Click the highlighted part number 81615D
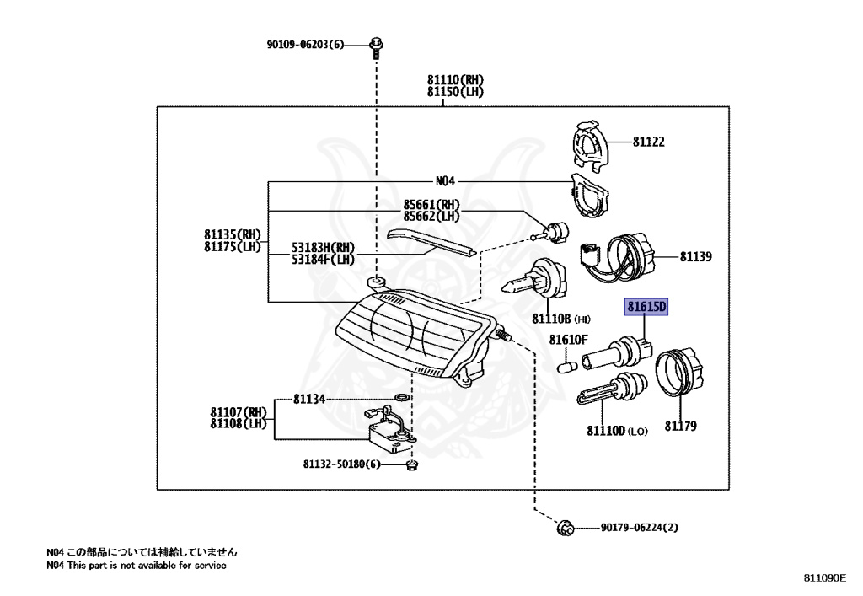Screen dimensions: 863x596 (646, 307)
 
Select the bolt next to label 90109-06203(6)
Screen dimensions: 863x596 (377, 46)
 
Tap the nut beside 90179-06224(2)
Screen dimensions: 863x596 (566, 528)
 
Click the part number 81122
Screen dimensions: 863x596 (648, 142)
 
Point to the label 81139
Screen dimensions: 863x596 (695, 257)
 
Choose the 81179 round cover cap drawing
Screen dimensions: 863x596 (680, 372)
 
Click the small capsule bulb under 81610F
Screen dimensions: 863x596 (567, 366)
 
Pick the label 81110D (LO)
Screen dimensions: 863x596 (617, 431)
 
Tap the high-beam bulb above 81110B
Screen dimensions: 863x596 (535, 279)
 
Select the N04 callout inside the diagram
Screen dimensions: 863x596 (445, 181)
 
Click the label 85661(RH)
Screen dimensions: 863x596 (431, 205)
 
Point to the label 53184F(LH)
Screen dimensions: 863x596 (323, 259)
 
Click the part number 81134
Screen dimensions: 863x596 (309, 399)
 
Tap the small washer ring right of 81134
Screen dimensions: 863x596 (402, 397)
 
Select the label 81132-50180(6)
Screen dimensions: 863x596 (342, 464)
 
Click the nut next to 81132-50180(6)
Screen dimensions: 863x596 (411, 465)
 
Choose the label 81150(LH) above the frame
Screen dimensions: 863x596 (455, 92)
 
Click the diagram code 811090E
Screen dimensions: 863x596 (825, 577)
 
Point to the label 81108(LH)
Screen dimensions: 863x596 (239, 424)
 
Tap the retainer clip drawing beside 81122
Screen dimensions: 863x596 (591, 145)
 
